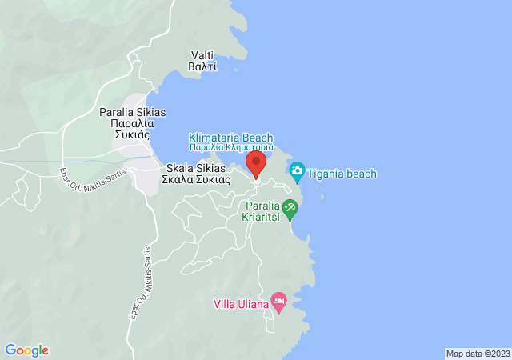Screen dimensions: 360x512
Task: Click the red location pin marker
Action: (x=255, y=164)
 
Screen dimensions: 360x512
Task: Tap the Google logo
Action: (x=26, y=350)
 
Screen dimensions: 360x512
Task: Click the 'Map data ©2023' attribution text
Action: (x=477, y=354)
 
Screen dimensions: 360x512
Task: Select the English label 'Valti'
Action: (x=202, y=55)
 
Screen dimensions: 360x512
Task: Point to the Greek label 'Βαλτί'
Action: (x=202, y=67)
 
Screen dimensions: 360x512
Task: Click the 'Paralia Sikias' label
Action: (x=133, y=113)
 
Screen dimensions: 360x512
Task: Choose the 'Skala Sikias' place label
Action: (x=196, y=169)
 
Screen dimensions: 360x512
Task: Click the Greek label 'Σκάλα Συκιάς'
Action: (x=196, y=180)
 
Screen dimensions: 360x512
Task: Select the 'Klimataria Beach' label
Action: (x=231, y=138)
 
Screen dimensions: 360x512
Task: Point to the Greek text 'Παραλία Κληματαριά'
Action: (x=231, y=148)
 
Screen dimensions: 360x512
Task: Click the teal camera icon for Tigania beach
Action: (x=298, y=170)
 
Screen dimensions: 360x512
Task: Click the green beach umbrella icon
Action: (x=290, y=210)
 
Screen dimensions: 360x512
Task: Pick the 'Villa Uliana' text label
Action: (x=241, y=304)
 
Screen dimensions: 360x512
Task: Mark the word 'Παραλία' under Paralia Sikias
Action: (x=133, y=124)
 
